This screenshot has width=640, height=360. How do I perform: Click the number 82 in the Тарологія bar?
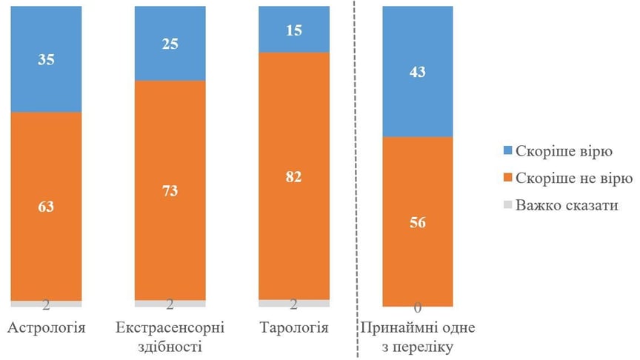[293, 176]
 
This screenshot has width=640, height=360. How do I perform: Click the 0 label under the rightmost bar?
[417, 307]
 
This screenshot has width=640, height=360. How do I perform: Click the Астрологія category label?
[46, 327]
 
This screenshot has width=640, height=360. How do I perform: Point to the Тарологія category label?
[293, 327]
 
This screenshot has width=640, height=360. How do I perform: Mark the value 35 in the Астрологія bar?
[46, 59]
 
